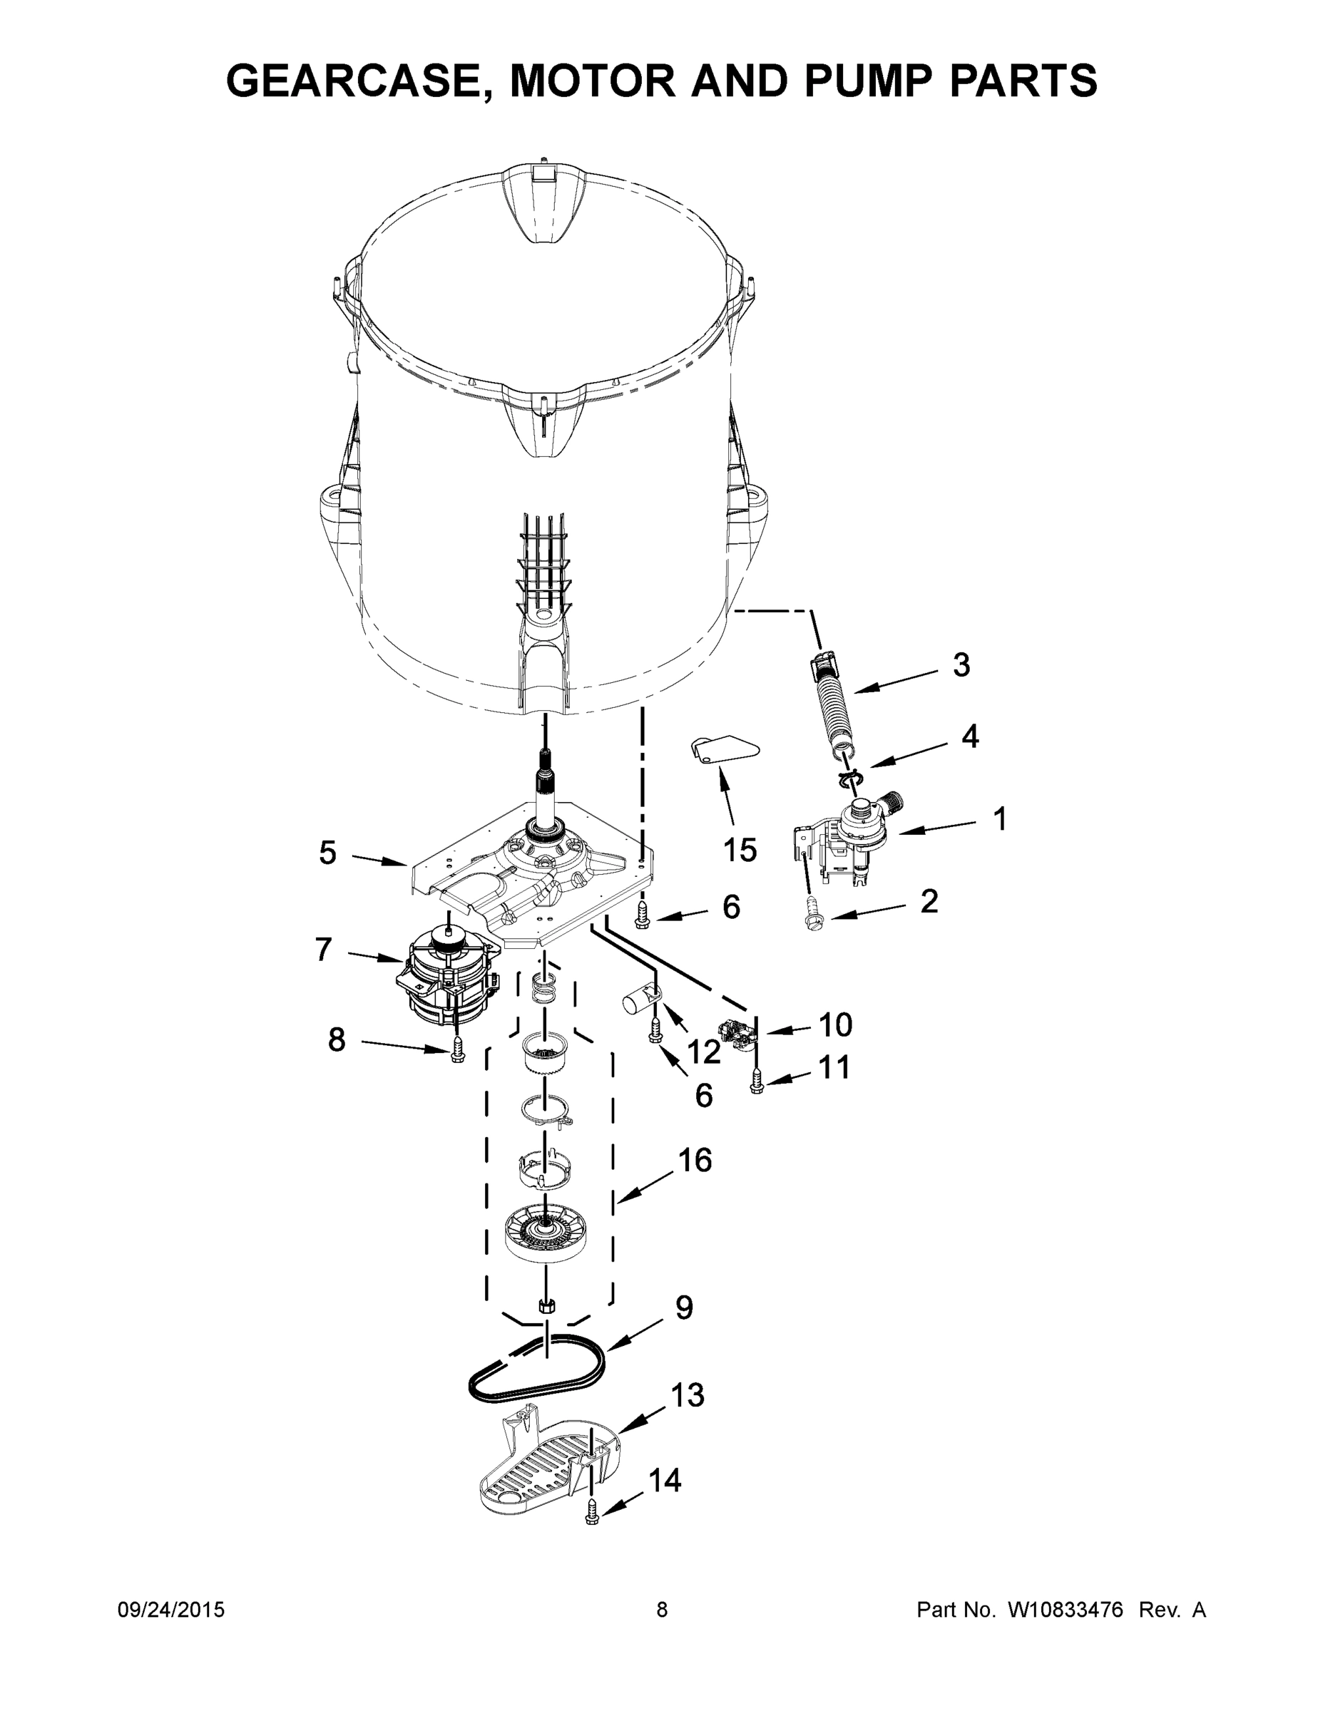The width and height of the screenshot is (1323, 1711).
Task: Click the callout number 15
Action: [740, 849]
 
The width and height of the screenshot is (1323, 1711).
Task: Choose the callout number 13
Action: [688, 1394]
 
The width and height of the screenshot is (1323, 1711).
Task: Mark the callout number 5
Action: [327, 853]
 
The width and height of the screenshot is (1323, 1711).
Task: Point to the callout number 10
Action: [834, 1024]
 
